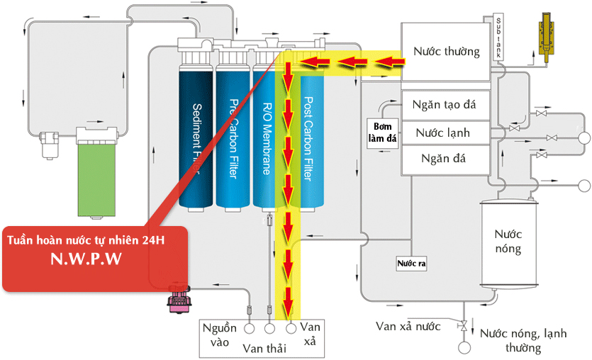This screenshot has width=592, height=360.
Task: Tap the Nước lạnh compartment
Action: [445, 133]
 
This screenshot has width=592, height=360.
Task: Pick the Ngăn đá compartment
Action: [445, 157]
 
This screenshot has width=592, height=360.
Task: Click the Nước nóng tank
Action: [508, 241]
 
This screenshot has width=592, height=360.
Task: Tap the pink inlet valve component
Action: [178, 298]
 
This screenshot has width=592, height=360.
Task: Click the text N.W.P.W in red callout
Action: [94, 260]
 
